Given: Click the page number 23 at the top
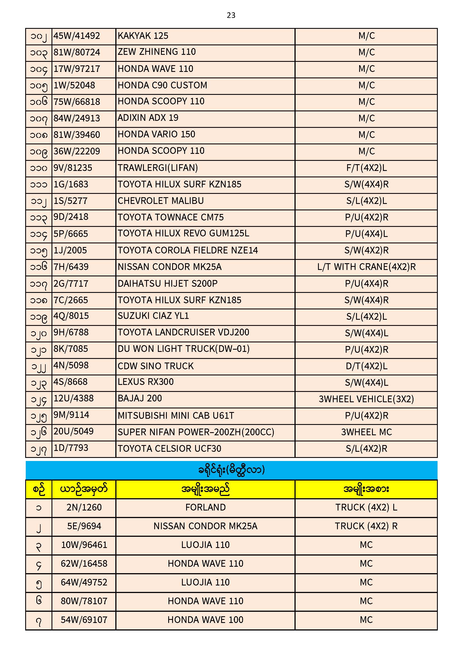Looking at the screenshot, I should point(231,15).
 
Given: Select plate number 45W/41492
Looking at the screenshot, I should point(77,36).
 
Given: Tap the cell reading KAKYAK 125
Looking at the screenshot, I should point(143,36).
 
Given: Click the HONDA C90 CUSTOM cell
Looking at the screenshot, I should point(162,85).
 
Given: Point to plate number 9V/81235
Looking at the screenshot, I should point(73,168).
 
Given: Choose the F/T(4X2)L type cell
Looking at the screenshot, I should point(366,168).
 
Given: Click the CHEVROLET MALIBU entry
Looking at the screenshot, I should point(160,201).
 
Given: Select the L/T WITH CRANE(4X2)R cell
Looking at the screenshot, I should point(366,267).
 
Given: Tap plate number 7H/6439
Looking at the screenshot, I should point(71,267).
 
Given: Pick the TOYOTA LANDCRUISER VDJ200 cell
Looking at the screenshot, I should point(183,332).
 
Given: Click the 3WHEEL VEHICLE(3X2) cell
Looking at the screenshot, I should point(366,399).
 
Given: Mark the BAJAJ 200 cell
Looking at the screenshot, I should point(140,399).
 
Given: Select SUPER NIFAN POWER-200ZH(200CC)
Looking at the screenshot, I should point(196,432).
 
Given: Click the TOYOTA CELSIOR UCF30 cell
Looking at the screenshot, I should point(169,449).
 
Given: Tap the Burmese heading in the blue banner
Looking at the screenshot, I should point(231,470).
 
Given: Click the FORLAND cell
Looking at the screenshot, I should point(205,507).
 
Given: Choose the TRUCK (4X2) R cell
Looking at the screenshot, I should point(366,526).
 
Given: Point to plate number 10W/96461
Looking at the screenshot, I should point(84,545).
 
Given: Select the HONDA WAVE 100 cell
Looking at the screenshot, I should point(205,620).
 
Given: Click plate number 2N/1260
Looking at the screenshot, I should point(84,507).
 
